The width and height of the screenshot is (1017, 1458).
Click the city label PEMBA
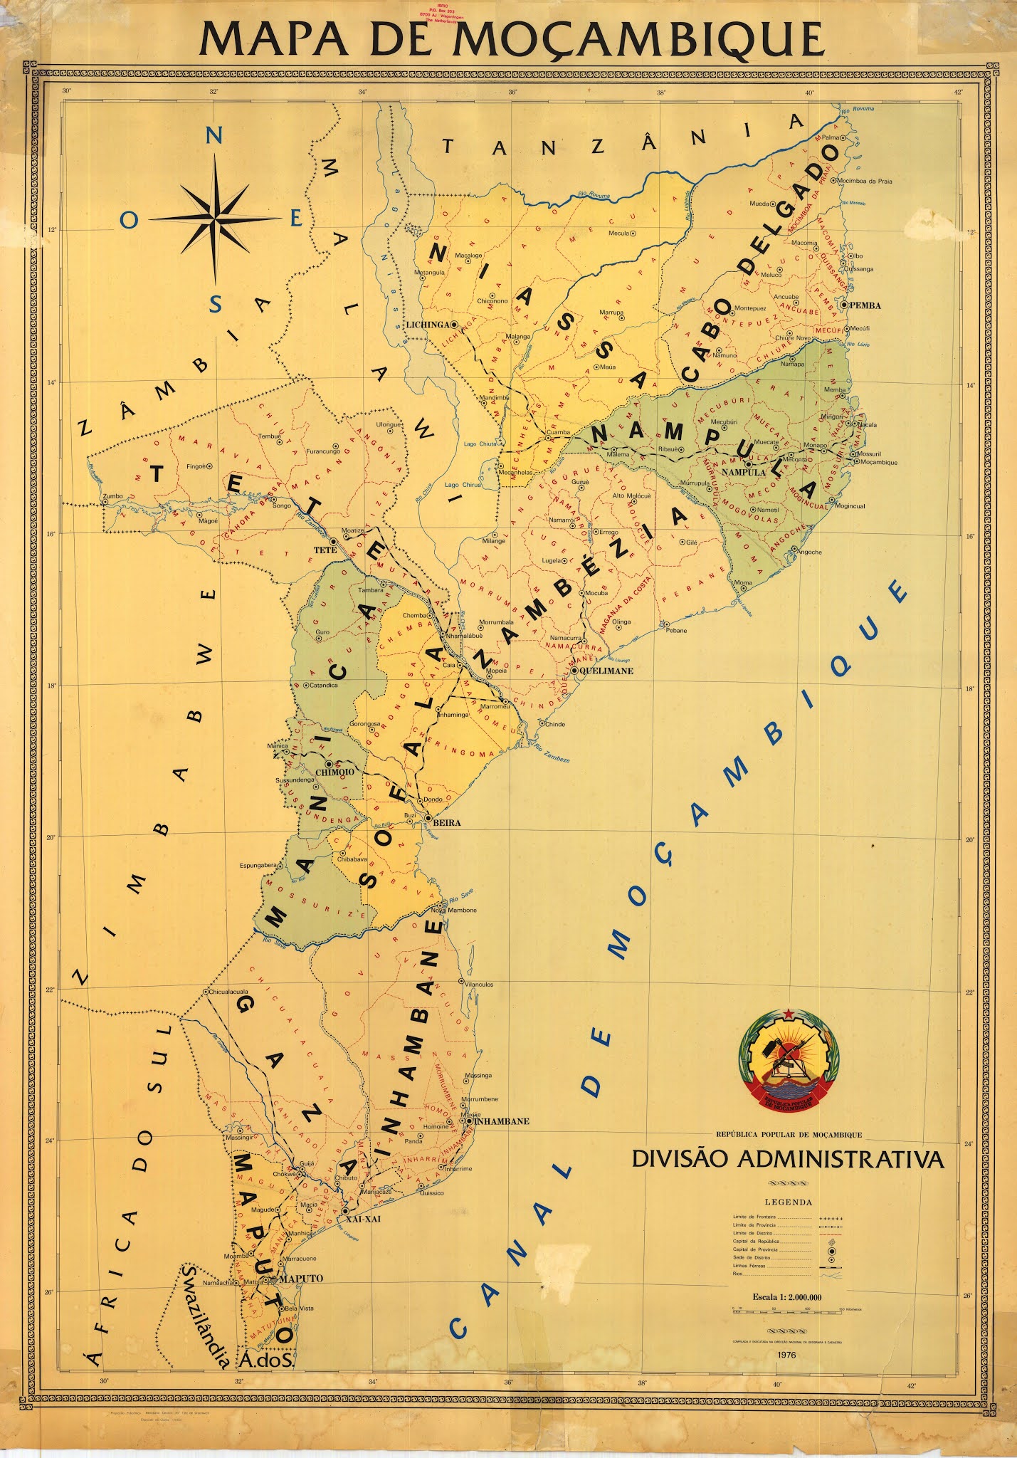pos(865,305)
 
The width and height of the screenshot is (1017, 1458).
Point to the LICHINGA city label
pos(427,324)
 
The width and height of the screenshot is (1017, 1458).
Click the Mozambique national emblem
pos(789,1061)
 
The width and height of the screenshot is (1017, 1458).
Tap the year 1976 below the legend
pos(787,1354)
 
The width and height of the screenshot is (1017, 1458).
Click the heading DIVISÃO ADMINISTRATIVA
pos(788,1160)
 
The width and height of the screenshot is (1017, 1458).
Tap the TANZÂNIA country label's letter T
pos(448,147)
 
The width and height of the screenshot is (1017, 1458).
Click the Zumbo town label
pos(113,495)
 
